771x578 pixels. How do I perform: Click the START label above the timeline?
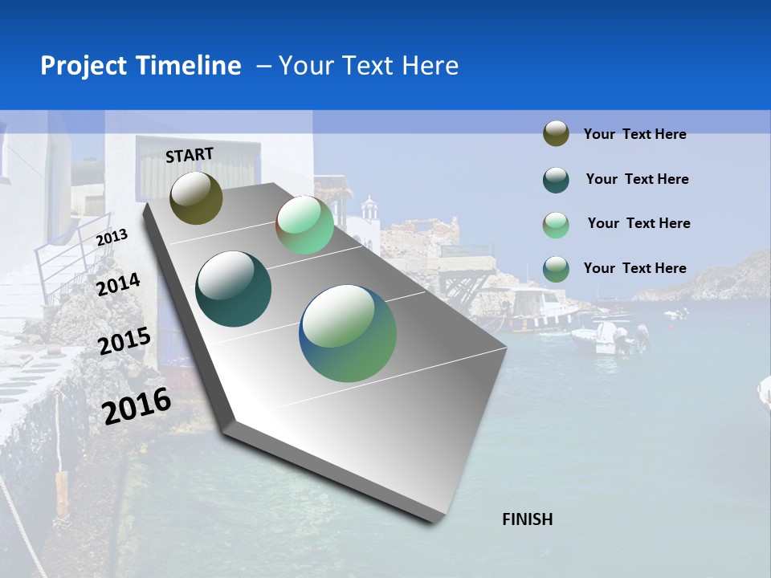click(190, 155)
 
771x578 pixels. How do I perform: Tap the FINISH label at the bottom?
click(527, 519)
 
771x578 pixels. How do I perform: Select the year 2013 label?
click(112, 237)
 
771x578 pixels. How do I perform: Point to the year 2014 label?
click(118, 284)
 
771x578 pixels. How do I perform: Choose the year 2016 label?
click(137, 405)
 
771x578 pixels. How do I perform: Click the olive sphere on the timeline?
click(196, 197)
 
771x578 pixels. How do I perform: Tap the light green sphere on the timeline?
click(304, 225)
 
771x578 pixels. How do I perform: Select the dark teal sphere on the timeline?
click(234, 289)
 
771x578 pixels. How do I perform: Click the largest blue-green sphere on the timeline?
click(348, 333)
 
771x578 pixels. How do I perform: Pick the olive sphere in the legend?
click(556, 133)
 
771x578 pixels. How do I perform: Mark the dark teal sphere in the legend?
click(556, 180)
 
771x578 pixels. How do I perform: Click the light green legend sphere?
click(556, 225)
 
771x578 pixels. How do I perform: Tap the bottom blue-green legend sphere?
click(556, 269)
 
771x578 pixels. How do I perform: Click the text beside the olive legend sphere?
click(634, 134)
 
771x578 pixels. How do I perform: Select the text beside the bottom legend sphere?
click(634, 268)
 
